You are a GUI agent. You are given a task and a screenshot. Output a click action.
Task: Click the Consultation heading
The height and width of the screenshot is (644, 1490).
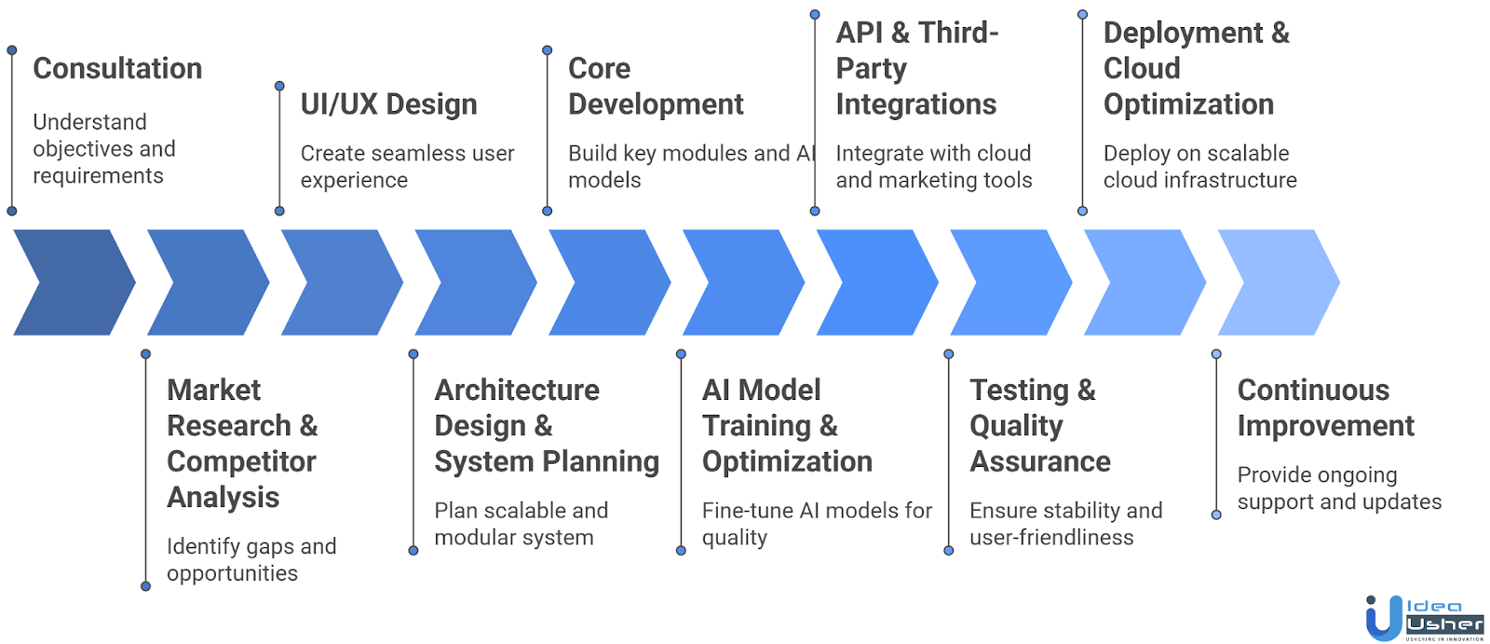(x=117, y=69)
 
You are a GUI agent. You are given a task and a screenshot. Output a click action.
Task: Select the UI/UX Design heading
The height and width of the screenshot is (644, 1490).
(x=388, y=104)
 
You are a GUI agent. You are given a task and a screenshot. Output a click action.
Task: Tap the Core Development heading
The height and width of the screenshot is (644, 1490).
(x=656, y=87)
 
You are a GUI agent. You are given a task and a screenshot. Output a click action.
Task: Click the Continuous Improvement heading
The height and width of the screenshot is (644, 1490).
(x=1325, y=408)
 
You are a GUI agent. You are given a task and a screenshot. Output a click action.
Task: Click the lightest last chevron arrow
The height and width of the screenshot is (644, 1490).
(x=1279, y=282)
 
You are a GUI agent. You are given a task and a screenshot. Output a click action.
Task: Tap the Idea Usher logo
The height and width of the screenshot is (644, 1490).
(x=1424, y=618)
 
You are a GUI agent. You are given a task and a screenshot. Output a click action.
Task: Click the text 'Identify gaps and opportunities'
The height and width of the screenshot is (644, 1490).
(x=251, y=560)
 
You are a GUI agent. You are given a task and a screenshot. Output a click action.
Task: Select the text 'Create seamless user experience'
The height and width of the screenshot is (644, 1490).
(x=407, y=167)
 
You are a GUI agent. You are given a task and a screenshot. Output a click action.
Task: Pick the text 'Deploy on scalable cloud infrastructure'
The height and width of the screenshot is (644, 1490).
(x=1199, y=167)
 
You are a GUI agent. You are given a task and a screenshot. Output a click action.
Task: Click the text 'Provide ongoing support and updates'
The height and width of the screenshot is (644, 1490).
(x=1339, y=488)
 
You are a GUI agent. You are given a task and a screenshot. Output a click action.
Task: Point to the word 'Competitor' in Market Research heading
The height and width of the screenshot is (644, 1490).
(x=241, y=462)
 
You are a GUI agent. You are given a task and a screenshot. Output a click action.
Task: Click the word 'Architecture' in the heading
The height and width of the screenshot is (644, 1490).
(x=517, y=391)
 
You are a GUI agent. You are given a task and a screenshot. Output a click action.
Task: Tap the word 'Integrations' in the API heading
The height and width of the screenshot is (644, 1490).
(x=916, y=104)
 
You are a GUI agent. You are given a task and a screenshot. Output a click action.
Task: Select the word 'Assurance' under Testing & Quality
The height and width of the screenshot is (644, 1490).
(x=1040, y=462)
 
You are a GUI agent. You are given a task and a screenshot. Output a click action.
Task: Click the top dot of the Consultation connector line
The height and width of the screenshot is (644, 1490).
(x=12, y=50)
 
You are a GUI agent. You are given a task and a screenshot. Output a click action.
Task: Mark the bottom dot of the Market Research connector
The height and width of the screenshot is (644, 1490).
(x=145, y=586)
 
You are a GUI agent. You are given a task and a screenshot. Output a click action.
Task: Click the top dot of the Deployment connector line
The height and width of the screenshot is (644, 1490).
(x=1082, y=15)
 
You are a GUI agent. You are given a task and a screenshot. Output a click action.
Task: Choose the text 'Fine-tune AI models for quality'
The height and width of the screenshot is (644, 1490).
(x=817, y=524)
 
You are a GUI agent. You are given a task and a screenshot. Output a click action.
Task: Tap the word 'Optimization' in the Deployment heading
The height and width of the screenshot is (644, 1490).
(x=1188, y=104)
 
